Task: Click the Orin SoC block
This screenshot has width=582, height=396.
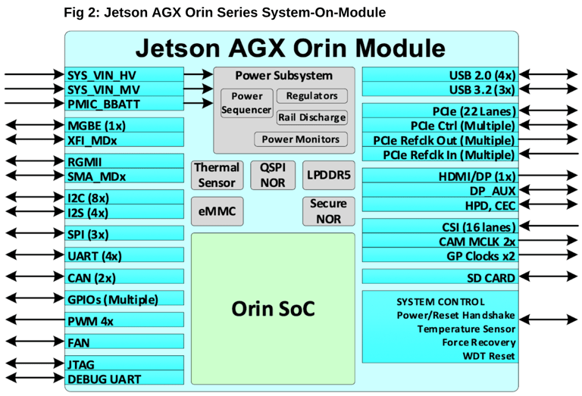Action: (x=273, y=308)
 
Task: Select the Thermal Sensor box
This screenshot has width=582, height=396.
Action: (x=217, y=175)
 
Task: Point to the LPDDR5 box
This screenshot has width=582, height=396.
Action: (x=328, y=175)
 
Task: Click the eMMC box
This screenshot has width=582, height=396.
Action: (x=217, y=213)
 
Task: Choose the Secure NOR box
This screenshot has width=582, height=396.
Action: (x=328, y=211)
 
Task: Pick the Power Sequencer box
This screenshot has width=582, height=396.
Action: (x=246, y=104)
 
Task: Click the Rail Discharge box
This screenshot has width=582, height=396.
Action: (x=311, y=117)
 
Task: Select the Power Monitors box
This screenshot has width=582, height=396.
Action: (x=301, y=139)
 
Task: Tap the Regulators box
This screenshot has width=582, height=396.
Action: (x=311, y=96)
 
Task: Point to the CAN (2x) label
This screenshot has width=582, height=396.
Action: (x=91, y=278)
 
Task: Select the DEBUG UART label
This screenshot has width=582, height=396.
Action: (x=104, y=379)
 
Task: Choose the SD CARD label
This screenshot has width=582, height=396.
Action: (x=490, y=278)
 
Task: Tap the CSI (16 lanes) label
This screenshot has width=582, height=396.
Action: (x=478, y=227)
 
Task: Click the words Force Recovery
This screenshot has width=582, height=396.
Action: (x=479, y=342)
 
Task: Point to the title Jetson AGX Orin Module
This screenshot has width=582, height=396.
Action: (x=290, y=48)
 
